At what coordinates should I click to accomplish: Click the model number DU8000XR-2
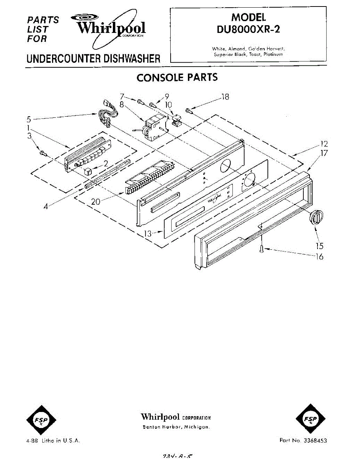pos(248,29)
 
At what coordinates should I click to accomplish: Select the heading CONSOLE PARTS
pos(177,78)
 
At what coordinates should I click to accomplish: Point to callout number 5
pos(29,119)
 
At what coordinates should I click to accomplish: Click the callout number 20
pos(96,201)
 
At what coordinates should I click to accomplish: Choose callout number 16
pos(319,256)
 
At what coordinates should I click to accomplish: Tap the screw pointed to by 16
pos(261,249)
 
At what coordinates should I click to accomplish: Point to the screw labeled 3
pos(42,153)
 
